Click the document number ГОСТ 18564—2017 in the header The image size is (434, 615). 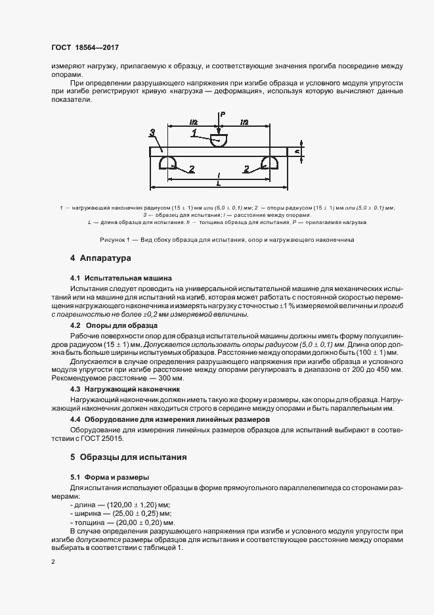[85, 48]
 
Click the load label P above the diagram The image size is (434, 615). [223, 114]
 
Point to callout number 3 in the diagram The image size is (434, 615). [152, 133]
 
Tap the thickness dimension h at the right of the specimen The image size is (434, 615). [297, 151]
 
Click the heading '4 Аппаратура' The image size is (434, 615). [100, 258]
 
